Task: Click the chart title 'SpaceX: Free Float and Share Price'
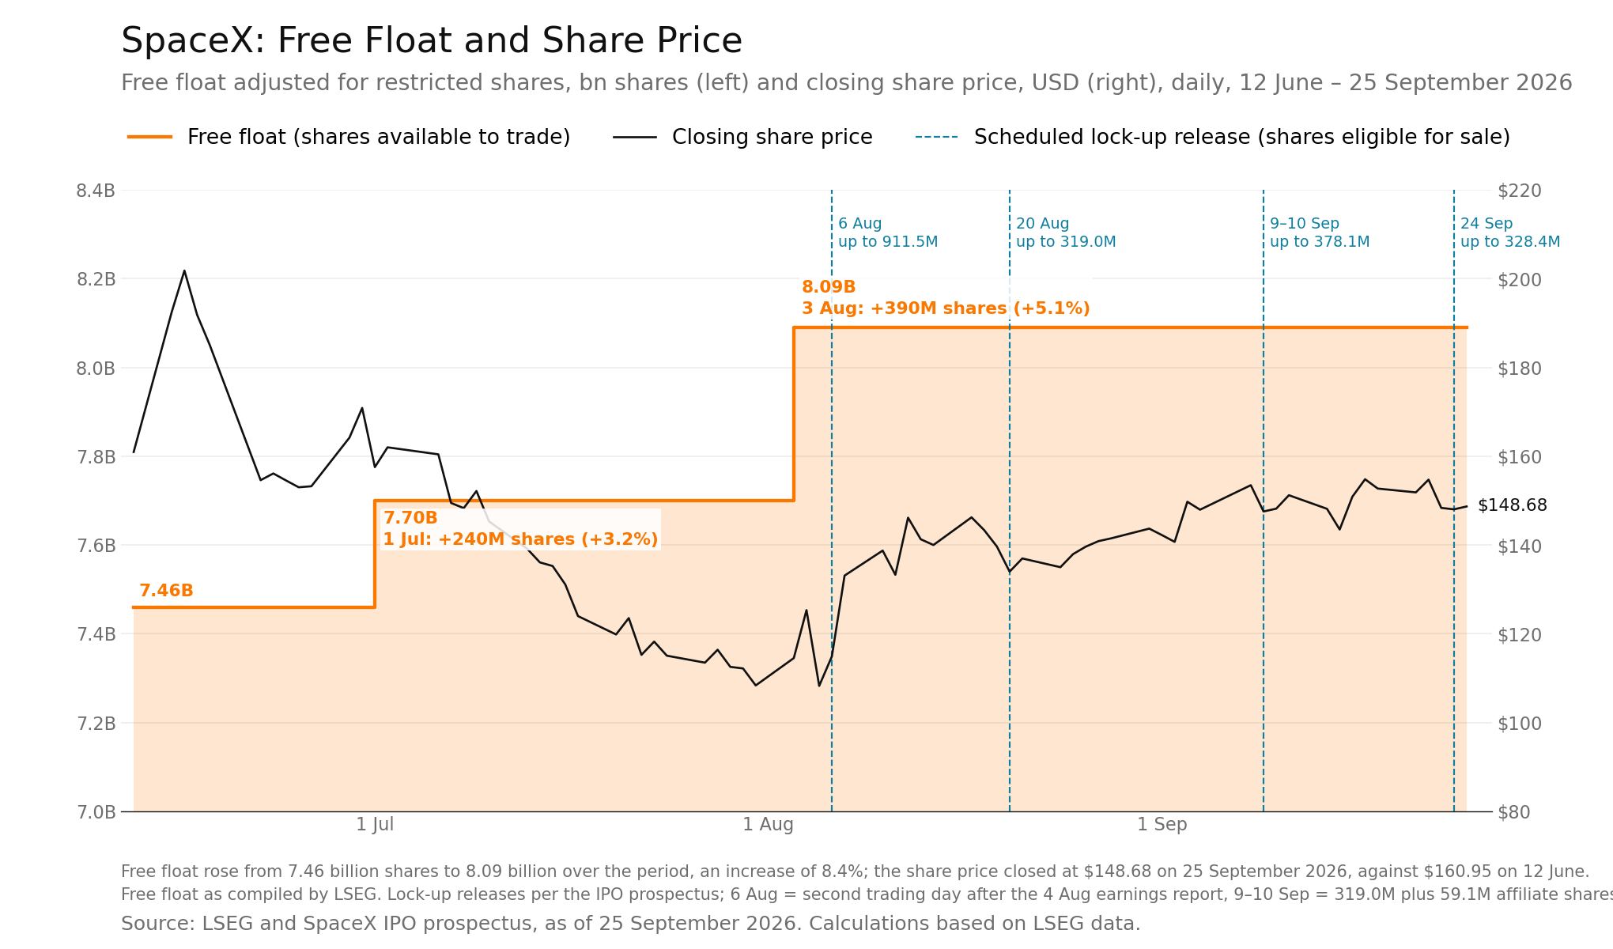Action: [x=432, y=41]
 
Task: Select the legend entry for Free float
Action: [x=349, y=137]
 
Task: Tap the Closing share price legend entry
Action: [x=742, y=137]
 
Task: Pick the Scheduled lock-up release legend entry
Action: [x=1212, y=137]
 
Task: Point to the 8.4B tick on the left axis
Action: [x=96, y=191]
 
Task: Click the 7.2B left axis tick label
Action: [x=96, y=724]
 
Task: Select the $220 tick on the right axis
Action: [x=1520, y=191]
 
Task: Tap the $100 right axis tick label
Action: [x=1520, y=724]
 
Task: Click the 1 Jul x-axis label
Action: [x=375, y=825]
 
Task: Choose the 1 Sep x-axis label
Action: [x=1162, y=825]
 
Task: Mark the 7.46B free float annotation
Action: [x=166, y=591]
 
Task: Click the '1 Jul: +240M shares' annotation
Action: [x=521, y=539]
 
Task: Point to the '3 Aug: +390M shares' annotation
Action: [x=946, y=308]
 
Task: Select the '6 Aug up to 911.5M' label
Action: [x=888, y=233]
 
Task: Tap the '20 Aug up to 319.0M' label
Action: [x=1066, y=233]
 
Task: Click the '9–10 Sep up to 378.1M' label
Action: [x=1320, y=233]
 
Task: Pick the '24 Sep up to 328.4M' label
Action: [x=1510, y=233]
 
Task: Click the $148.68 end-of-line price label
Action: [x=1513, y=505]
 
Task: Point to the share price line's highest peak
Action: [x=184, y=270]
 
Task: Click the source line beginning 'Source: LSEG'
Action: [x=630, y=924]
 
